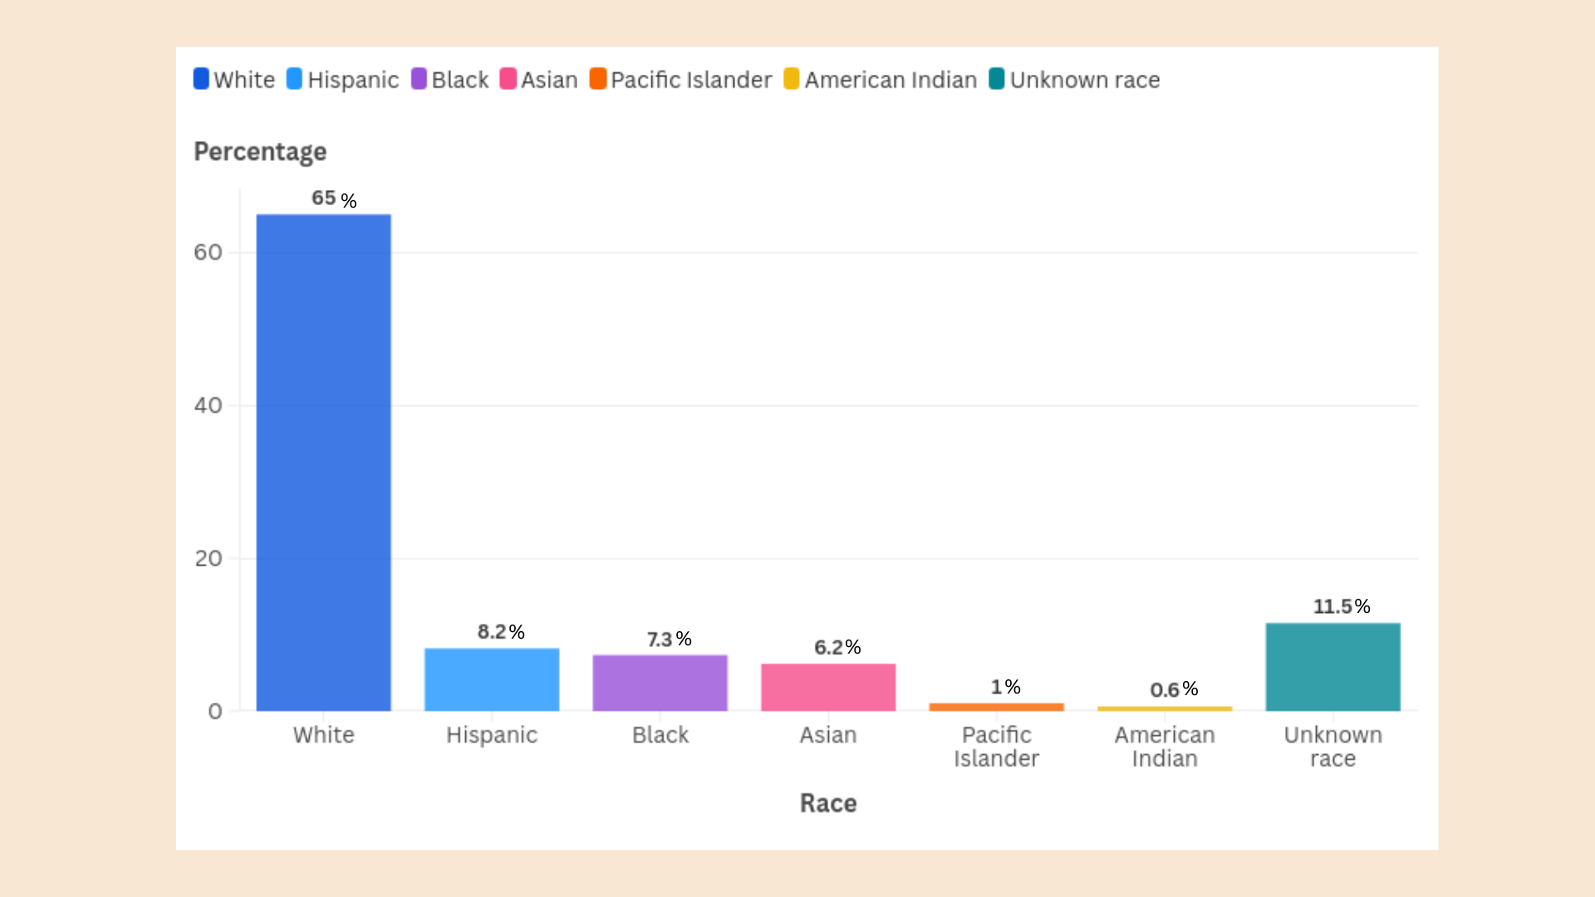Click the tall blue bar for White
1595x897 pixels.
click(x=323, y=463)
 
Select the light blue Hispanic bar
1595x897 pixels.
click(x=492, y=679)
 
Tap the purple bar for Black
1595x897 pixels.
click(x=660, y=683)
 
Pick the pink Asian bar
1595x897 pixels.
click(x=828, y=687)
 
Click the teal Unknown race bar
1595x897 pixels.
click(x=1332, y=667)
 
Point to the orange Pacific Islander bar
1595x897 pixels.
click(x=996, y=707)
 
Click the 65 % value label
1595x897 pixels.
click(x=334, y=199)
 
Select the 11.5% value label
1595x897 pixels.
click(x=1341, y=606)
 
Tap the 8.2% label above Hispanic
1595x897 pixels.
click(x=501, y=632)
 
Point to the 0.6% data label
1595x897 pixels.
click(x=1174, y=689)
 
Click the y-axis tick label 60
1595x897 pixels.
click(x=209, y=252)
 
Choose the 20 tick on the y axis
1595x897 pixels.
click(x=209, y=558)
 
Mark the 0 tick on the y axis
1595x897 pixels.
click(x=215, y=711)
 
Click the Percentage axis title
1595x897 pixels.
click(x=260, y=151)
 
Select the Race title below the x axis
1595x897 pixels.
click(x=828, y=803)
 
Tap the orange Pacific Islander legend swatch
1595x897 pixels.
click(x=598, y=79)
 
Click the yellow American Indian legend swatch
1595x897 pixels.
click(x=792, y=79)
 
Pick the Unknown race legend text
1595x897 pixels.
click(x=1085, y=80)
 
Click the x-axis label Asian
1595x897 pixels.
click(x=828, y=735)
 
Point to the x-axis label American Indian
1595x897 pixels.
click(x=1165, y=747)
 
